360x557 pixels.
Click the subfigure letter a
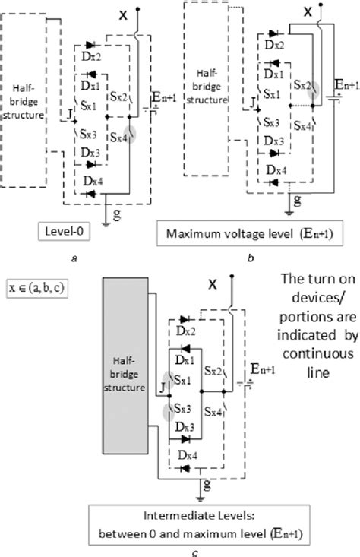coord(74,258)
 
